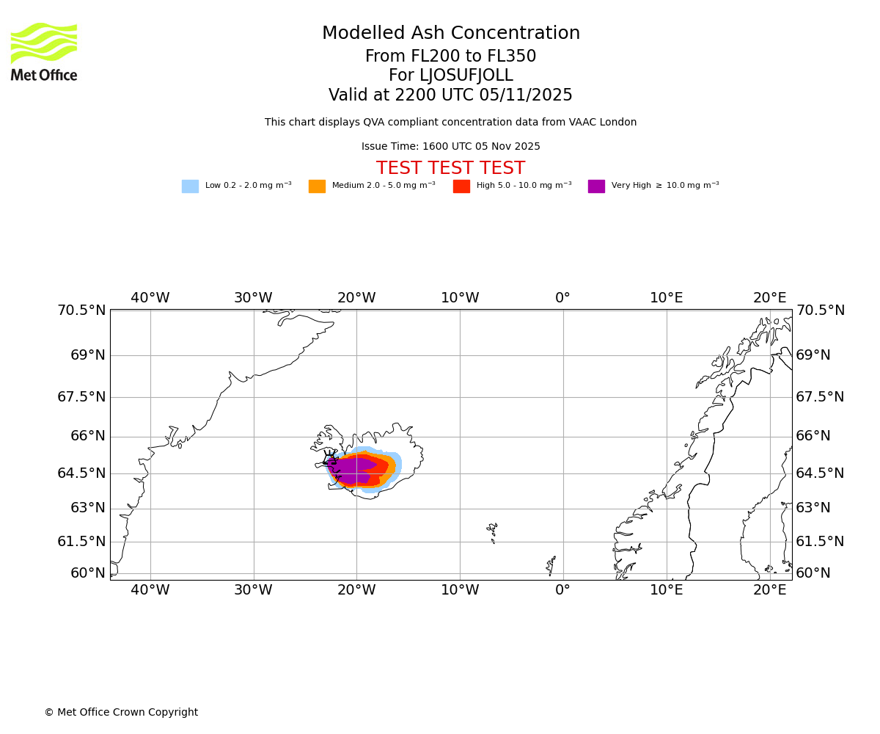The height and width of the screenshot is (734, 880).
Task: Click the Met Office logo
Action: (x=44, y=52)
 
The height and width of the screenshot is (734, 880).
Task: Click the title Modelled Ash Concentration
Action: (x=451, y=34)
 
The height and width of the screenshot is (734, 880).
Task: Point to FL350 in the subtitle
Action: (x=512, y=57)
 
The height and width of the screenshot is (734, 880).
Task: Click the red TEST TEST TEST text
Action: (x=450, y=168)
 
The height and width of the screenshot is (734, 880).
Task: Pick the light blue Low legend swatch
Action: (x=190, y=186)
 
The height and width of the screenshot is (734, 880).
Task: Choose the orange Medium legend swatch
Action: (x=317, y=186)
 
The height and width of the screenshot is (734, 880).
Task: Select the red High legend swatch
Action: (x=461, y=186)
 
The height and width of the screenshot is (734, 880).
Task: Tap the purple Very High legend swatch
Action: (x=596, y=186)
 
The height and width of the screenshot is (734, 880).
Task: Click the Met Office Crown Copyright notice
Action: (x=121, y=713)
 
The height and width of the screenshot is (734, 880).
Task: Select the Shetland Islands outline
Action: (x=551, y=564)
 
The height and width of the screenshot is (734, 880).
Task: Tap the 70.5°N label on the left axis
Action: (x=81, y=310)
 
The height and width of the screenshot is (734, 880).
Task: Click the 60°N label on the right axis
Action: (x=813, y=573)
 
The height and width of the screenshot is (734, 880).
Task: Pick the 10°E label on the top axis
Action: (x=666, y=298)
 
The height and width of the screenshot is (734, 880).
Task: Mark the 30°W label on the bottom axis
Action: (x=253, y=590)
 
